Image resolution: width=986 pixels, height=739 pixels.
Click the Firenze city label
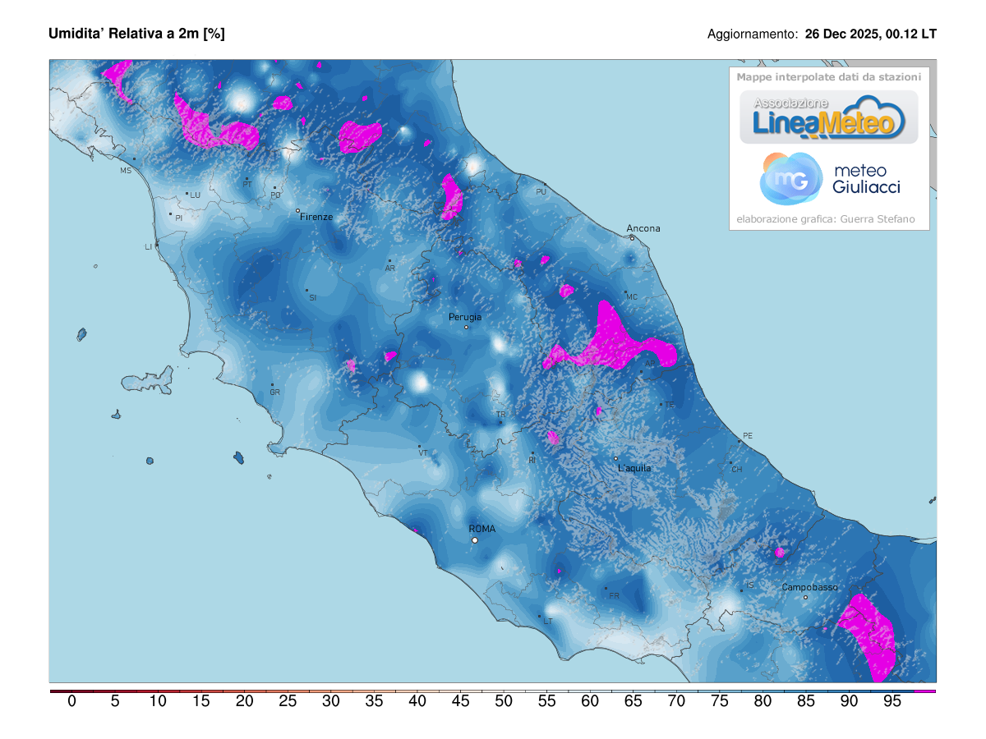pyautogui.click(x=316, y=217)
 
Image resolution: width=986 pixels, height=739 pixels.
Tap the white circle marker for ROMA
pyautogui.click(x=474, y=540)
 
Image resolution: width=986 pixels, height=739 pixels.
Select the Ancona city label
pyautogui.click(x=643, y=228)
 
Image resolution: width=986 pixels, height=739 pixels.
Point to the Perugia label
pyautogui.click(x=465, y=317)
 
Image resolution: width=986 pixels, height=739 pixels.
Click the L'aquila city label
pyautogui.click(x=634, y=468)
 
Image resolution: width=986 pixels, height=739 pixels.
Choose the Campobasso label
pyautogui.click(x=809, y=587)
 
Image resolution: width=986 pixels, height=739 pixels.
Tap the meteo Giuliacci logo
pyautogui.click(x=830, y=179)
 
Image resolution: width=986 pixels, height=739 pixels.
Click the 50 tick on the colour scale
pyautogui.click(x=504, y=701)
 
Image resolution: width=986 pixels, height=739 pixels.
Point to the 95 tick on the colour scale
pyautogui.click(x=892, y=701)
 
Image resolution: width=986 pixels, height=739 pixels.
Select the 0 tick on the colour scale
pyautogui.click(x=72, y=701)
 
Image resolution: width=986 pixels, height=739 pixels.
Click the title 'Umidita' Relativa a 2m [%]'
pyautogui.click(x=136, y=34)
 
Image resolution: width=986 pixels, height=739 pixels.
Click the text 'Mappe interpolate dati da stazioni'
pyautogui.click(x=828, y=77)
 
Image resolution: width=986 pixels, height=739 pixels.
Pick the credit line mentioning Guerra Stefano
pyautogui.click(x=825, y=219)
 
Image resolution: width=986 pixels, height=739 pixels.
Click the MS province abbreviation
pyautogui.click(x=126, y=171)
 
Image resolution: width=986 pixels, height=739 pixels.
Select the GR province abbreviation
pyautogui.click(x=274, y=392)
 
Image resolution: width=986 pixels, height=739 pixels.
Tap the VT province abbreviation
pyautogui.click(x=423, y=452)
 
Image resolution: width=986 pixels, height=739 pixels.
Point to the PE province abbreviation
pyautogui.click(x=747, y=435)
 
